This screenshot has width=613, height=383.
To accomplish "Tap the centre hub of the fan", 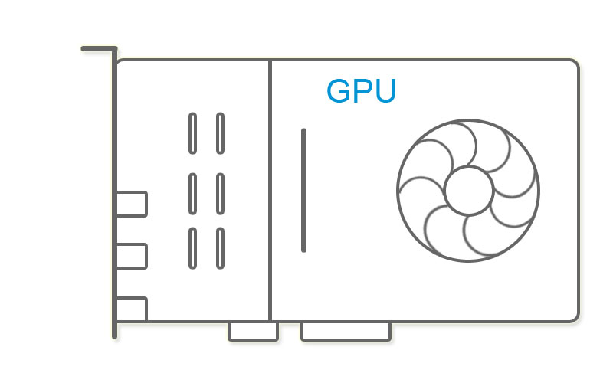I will pos(468,191).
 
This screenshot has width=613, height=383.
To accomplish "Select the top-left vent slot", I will pos(192,133).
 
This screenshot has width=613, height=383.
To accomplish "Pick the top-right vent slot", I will pos(220,133).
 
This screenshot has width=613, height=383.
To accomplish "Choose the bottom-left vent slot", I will pos(192,247).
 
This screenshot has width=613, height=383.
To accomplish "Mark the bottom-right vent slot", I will pos(220,247).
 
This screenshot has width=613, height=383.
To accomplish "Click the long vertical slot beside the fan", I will pos(304,190).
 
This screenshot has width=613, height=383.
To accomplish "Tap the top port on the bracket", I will pos(131,204).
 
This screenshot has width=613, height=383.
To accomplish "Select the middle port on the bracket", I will pos(131,256).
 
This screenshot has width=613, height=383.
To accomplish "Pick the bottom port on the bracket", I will pos(131,309).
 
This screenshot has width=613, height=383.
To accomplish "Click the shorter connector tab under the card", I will pos(253,331).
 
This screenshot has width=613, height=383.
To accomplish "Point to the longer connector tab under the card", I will pos(346,331).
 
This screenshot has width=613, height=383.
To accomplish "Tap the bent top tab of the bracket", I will pos(98,49).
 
